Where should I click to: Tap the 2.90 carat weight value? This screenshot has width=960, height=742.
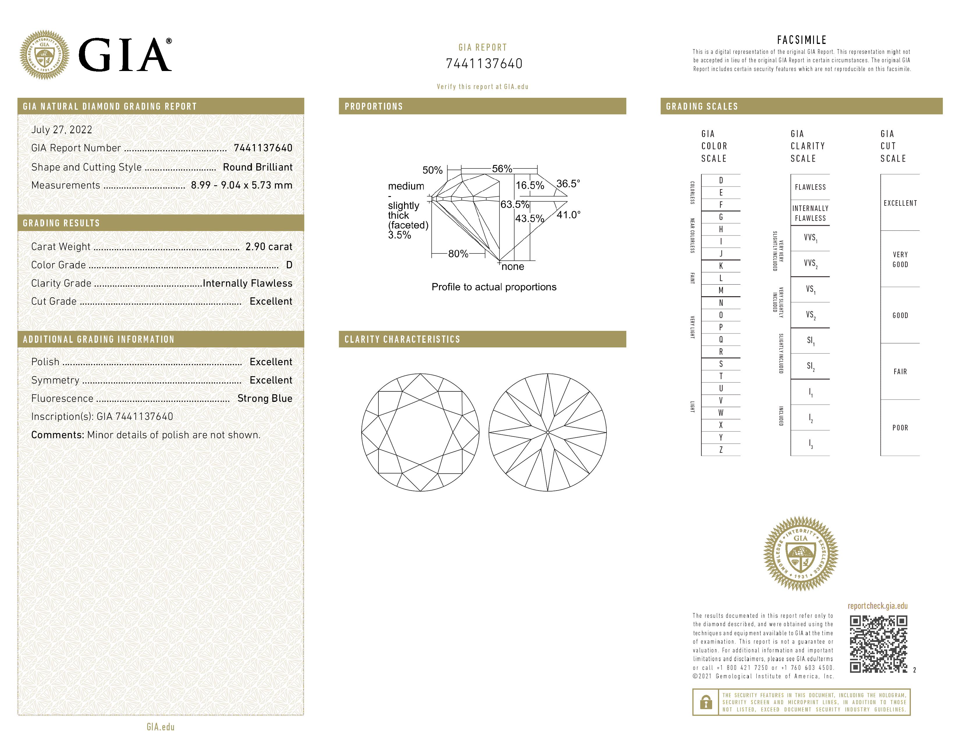pos(269,246)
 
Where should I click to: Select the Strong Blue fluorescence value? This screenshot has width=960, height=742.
pos(265,398)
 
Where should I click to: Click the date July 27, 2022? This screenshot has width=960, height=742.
pos(62,130)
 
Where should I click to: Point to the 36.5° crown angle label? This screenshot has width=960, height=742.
pos(568,183)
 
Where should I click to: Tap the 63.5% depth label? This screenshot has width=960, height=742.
pos(515,204)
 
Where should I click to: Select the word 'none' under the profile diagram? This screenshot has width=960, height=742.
pos(513,266)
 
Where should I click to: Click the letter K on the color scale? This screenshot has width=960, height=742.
pos(721,266)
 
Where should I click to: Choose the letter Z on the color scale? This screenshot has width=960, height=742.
pos(721,450)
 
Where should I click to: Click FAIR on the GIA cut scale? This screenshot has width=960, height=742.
pos(900,372)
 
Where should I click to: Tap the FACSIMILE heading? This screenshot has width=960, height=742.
pos(802,40)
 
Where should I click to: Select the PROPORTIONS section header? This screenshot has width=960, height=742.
pos(374,106)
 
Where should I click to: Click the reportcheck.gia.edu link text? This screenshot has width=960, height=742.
pos(877,606)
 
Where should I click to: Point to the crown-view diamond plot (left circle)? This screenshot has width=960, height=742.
pos(420,432)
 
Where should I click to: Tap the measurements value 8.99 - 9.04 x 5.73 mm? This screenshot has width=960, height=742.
pos(241,185)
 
